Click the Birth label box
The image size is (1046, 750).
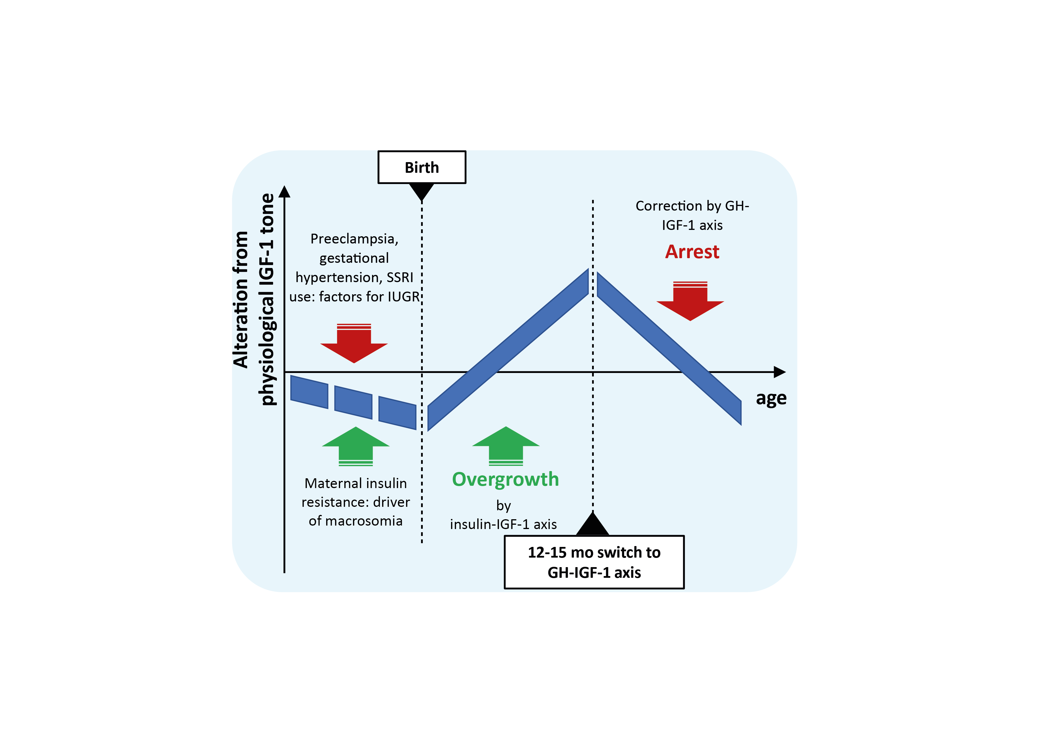tap(422, 167)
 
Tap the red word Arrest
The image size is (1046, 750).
tap(692, 252)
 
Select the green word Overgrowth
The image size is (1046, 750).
tap(506, 479)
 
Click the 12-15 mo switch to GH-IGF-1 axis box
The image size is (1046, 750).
tap(594, 562)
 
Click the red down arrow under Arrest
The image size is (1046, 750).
tap(690, 302)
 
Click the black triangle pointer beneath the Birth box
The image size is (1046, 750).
tap(422, 190)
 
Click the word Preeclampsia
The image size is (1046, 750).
tap(353, 239)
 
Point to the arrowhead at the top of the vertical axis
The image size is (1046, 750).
tap(285, 192)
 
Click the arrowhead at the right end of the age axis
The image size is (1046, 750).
tap(780, 372)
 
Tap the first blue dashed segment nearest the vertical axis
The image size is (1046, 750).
tap(309, 392)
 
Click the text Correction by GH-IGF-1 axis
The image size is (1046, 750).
tap(692, 215)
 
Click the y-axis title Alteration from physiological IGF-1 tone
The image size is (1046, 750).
tap(254, 300)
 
